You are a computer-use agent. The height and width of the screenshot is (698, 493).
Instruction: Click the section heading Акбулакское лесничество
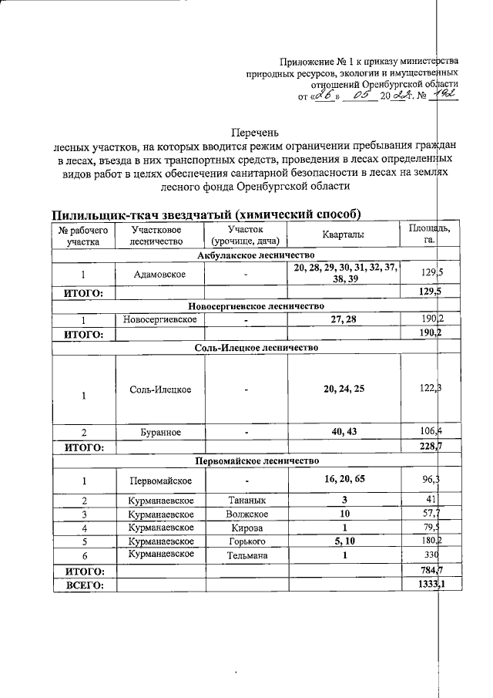tap(257, 255)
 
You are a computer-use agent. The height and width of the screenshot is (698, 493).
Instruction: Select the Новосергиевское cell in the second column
tap(160, 319)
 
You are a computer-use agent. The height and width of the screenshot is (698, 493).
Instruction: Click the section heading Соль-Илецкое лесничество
tap(257, 347)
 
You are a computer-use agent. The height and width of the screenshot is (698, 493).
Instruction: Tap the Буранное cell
tap(160, 432)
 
